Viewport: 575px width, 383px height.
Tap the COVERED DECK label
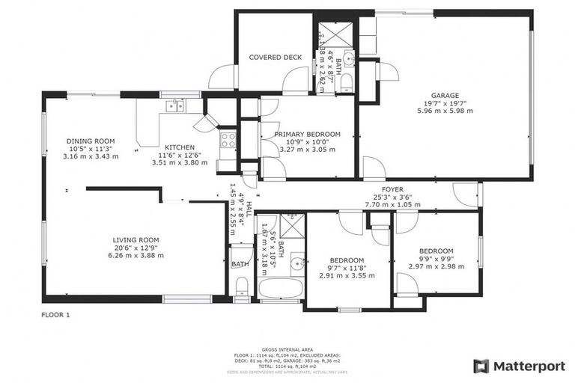click(275, 57)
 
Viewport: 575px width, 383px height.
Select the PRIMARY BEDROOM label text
click(306, 134)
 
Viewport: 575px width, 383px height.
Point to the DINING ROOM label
click(91, 141)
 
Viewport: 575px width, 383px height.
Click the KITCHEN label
click(180, 147)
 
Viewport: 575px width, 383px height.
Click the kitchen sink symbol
click(175, 105)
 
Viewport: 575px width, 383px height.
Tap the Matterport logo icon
click(482, 366)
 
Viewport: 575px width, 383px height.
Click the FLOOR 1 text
click(55, 315)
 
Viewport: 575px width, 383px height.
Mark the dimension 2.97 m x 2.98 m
click(436, 266)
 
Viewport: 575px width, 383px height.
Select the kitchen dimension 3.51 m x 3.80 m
click(180, 162)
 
